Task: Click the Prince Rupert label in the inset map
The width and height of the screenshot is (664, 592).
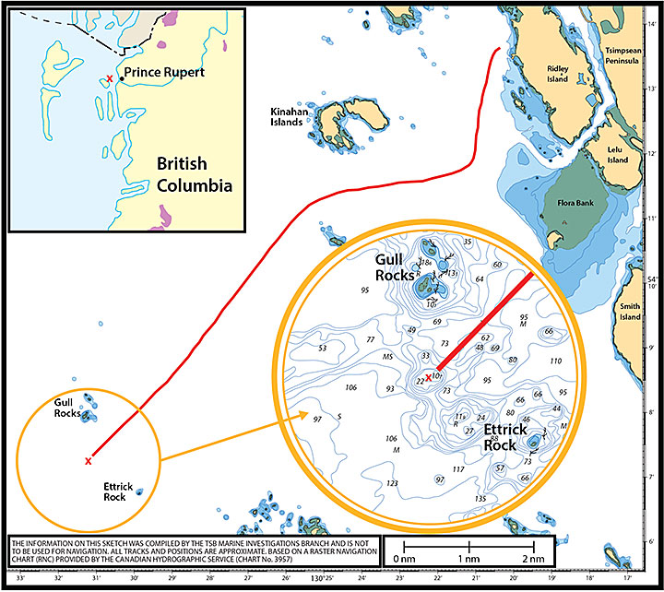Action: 164,72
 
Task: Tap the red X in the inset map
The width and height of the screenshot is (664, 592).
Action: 110,79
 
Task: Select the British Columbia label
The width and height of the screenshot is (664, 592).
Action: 194,174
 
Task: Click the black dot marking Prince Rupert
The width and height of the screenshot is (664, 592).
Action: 120,78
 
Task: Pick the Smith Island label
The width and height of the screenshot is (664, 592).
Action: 631,311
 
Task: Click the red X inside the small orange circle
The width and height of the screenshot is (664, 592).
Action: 88,460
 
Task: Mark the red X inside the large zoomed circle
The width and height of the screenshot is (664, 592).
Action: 428,376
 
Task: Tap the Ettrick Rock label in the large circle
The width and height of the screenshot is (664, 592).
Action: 505,438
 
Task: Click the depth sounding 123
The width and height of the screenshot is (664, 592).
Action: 392,483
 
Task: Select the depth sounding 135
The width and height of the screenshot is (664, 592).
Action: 480,498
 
